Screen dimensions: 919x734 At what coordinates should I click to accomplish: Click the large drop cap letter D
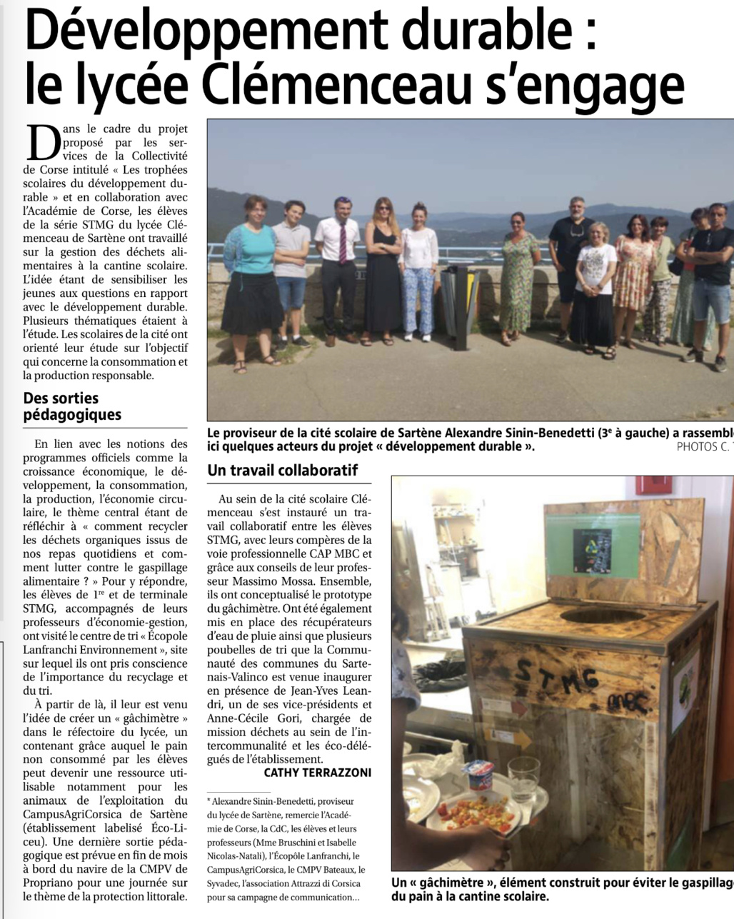pyautogui.click(x=41, y=143)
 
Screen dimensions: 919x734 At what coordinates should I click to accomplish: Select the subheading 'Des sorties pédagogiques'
pyautogui.click(x=71, y=406)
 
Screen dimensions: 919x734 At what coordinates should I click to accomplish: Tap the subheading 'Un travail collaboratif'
pyautogui.click(x=282, y=471)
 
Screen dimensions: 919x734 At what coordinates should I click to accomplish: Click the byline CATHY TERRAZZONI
pyautogui.click(x=318, y=773)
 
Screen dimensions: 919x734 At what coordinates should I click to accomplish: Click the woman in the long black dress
pyautogui.click(x=383, y=271)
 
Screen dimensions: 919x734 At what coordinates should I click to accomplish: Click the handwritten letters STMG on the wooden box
pyautogui.click(x=557, y=675)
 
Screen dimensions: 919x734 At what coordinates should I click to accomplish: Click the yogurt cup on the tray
pyautogui.click(x=479, y=775)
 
